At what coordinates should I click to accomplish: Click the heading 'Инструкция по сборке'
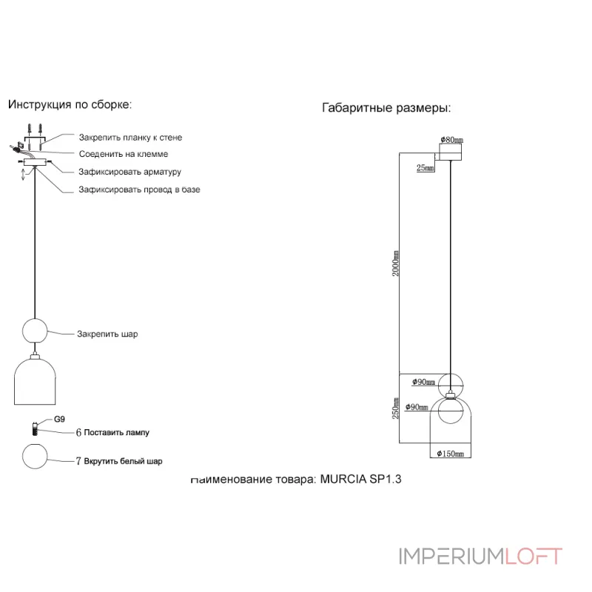click(70, 104)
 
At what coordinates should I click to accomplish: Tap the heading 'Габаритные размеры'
click(386, 108)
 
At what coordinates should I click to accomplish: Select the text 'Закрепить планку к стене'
click(130, 138)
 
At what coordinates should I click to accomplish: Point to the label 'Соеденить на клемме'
click(124, 154)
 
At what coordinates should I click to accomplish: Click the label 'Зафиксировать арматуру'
click(130, 172)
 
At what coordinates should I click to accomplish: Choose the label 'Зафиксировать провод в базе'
click(139, 189)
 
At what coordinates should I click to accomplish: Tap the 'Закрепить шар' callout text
click(107, 334)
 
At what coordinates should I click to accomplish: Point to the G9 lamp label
click(61, 420)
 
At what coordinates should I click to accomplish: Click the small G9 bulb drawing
click(34, 428)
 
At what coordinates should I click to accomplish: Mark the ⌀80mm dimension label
click(451, 139)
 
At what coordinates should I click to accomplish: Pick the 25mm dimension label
click(425, 168)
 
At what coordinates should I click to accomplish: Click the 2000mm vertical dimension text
click(397, 263)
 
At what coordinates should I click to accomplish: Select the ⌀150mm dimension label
click(451, 453)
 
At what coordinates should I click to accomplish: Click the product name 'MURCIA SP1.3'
click(360, 479)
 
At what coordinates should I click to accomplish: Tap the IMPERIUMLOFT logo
click(481, 556)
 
